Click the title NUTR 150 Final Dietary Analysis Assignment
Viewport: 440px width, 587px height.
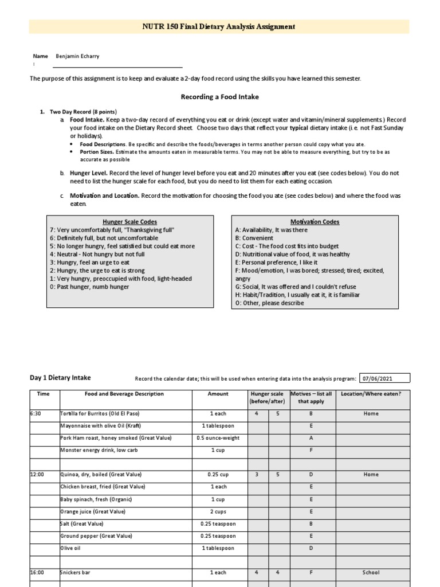[x=219, y=26]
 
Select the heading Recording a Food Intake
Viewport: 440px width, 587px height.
[x=218, y=97]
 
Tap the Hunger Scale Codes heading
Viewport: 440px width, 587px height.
[x=129, y=222]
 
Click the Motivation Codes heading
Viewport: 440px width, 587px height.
[x=315, y=222]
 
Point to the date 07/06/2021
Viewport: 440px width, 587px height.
[x=384, y=378]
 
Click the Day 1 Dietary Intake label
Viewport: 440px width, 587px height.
[x=60, y=378]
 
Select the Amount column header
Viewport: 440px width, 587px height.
[x=218, y=394]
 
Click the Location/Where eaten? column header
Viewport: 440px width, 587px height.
[x=371, y=394]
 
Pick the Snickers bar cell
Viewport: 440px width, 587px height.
[x=75, y=572]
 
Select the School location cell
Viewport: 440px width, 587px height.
[x=371, y=572]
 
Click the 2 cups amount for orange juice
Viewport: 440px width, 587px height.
[x=218, y=511]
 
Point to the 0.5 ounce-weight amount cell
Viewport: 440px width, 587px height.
[x=218, y=438]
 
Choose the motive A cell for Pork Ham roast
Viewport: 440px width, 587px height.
[x=311, y=438]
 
